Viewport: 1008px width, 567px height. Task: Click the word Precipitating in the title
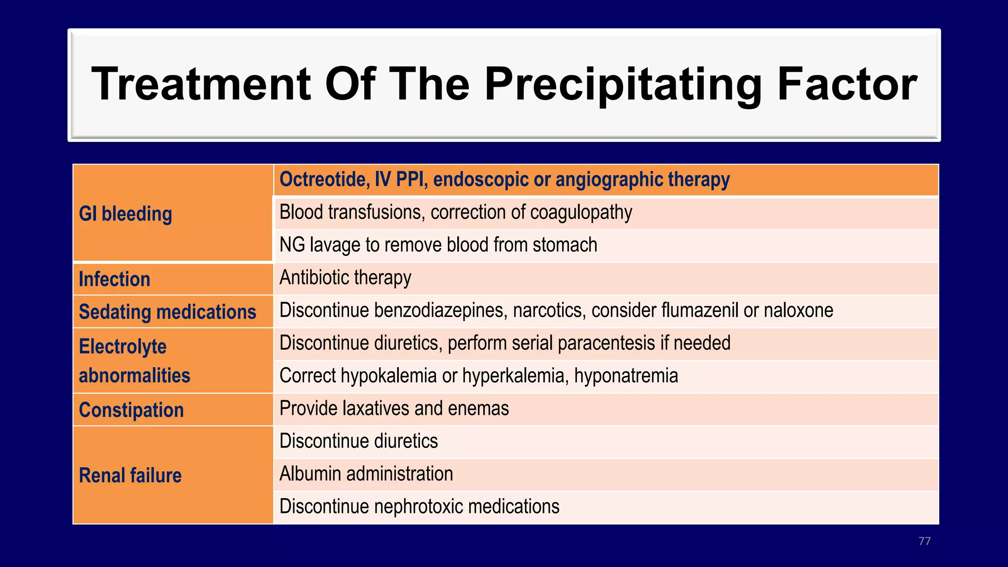coord(623,85)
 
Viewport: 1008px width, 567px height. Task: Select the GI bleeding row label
coord(126,214)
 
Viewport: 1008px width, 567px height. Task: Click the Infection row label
coord(114,280)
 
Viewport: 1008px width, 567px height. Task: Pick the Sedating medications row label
coord(167,312)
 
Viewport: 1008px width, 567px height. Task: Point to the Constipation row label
coord(131,410)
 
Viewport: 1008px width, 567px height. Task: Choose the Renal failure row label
coord(130,475)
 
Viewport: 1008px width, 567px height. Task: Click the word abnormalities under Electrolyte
coord(134,376)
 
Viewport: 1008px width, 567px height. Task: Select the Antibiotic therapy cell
coord(345,278)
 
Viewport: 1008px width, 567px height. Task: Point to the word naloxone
coord(798,311)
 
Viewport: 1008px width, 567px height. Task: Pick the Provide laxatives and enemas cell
coord(394,409)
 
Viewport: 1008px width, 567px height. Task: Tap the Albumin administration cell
coord(366,474)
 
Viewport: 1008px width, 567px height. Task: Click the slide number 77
coord(924,541)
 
